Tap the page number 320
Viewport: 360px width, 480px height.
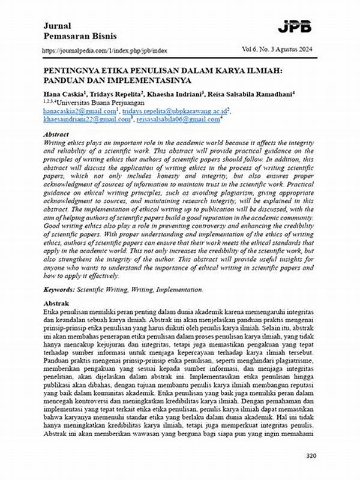[311, 456]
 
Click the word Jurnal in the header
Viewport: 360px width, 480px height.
[57, 26]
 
